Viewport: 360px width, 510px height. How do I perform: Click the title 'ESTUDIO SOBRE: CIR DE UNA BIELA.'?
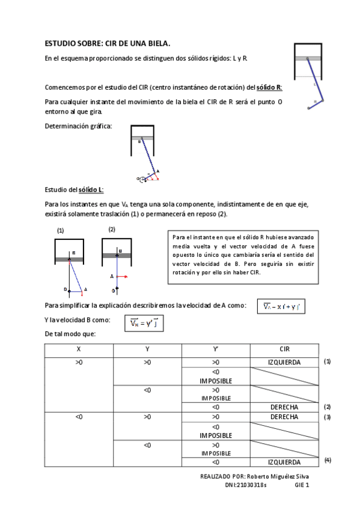[x=108, y=43]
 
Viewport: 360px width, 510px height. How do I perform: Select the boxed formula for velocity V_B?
[x=144, y=324]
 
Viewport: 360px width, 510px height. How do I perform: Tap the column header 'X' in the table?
[x=79, y=349]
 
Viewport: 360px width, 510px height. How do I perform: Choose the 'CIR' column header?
[x=284, y=349]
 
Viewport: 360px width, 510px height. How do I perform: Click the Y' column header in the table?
[x=216, y=349]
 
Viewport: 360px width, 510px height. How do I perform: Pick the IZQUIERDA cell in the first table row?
[x=284, y=362]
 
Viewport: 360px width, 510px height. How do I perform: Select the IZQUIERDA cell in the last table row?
[x=284, y=462]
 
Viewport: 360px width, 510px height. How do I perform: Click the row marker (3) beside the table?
[x=328, y=417]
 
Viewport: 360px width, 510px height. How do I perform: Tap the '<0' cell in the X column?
[x=79, y=416]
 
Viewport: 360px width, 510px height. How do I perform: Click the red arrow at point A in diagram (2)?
[x=122, y=276]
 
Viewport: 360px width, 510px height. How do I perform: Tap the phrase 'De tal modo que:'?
[x=70, y=334]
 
